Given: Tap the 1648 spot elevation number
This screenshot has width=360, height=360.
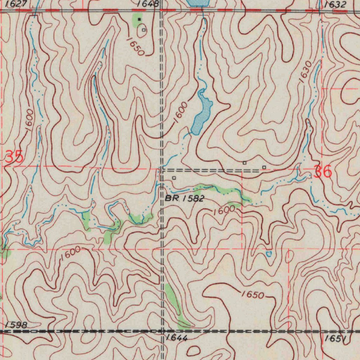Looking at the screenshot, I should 148,4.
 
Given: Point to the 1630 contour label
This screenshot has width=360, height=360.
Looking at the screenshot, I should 305,72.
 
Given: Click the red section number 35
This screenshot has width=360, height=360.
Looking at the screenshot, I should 14,157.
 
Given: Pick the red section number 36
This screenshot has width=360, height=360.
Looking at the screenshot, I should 322,172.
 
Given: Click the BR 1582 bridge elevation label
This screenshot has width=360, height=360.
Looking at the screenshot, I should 185,199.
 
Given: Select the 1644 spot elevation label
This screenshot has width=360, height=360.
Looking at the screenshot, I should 177,339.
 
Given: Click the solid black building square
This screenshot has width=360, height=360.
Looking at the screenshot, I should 139,19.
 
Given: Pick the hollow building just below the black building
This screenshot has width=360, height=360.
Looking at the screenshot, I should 143,30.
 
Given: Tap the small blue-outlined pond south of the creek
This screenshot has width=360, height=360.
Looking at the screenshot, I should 269,253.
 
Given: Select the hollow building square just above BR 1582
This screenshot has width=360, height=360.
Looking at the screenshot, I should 174,178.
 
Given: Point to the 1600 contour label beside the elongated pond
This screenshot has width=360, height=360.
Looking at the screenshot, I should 180,114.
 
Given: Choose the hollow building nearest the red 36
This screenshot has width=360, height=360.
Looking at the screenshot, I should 264,167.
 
